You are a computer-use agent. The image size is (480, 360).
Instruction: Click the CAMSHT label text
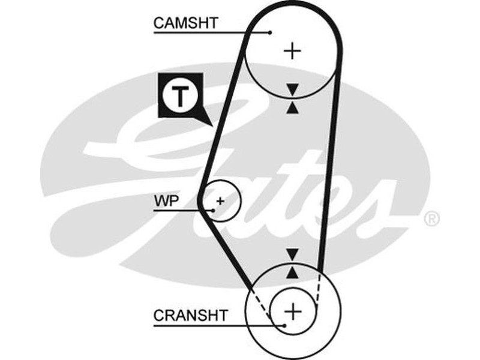click(186, 23)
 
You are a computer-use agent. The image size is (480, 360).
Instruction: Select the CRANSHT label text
click(191, 315)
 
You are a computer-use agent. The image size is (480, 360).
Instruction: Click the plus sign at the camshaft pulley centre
click(292, 50)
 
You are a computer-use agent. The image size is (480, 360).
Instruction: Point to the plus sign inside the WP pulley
click(220, 200)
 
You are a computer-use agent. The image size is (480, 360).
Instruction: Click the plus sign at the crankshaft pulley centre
click(293, 311)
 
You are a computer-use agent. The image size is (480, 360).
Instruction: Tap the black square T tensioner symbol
click(180, 96)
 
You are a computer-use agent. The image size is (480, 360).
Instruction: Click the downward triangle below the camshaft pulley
click(292, 89)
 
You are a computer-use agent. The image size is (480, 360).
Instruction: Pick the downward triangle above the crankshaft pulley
click(292, 254)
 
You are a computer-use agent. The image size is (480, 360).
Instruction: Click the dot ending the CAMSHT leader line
click(271, 32)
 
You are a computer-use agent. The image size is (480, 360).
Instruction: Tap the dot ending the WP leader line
click(213, 210)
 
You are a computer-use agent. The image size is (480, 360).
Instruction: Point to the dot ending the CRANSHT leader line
click(284, 326)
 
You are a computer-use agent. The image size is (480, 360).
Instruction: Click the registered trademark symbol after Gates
click(431, 219)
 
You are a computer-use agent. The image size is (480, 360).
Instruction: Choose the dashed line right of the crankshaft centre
click(318, 288)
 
